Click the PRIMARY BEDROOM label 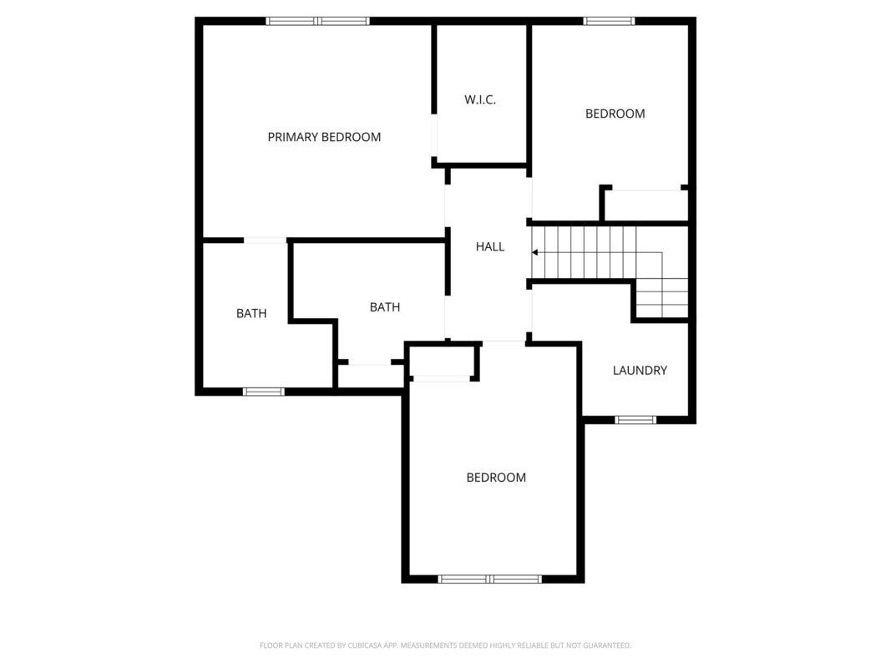click(x=324, y=137)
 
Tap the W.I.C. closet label click(x=480, y=100)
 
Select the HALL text click(x=490, y=246)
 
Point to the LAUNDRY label click(x=640, y=371)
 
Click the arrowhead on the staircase click(x=534, y=252)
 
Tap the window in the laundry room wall click(x=635, y=420)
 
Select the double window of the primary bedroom click(x=317, y=22)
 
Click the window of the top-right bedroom click(x=609, y=22)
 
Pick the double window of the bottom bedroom click(x=490, y=579)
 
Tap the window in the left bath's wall click(x=264, y=392)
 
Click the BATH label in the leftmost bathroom click(x=251, y=314)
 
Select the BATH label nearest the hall click(x=385, y=307)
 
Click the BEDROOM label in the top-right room click(x=615, y=114)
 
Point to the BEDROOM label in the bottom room click(x=496, y=478)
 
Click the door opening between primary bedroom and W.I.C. click(x=434, y=135)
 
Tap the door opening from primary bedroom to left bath click(x=266, y=240)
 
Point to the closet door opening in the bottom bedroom click(x=442, y=378)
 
